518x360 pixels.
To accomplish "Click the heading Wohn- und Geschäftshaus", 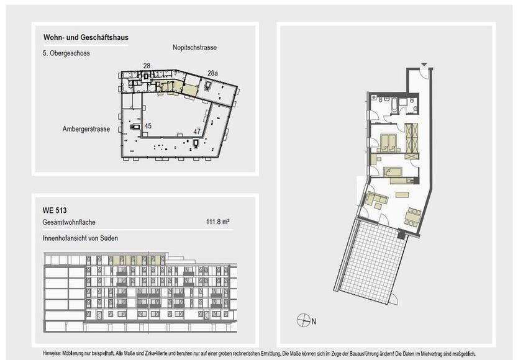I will [x=86, y=38].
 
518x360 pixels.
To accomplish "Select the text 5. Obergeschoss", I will [x=66, y=54].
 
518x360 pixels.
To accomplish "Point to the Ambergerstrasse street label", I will [x=86, y=129].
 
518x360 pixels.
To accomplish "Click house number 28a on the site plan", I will [x=212, y=73].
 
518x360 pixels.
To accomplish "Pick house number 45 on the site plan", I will [x=148, y=126].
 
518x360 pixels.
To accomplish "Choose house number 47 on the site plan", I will [x=196, y=132].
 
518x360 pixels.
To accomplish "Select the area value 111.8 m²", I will [x=218, y=222].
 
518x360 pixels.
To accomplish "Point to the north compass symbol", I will [x=304, y=320].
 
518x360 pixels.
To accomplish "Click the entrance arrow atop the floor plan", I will [x=424, y=65].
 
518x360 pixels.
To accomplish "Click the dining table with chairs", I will [x=412, y=217].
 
